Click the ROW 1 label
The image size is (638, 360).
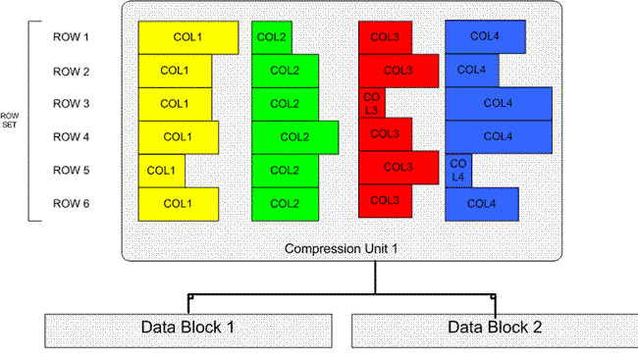(71, 37)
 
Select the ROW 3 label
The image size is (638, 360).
(71, 104)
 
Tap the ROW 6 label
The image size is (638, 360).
(71, 204)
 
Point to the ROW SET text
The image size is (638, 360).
(12, 121)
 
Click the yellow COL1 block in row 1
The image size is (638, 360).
(187, 37)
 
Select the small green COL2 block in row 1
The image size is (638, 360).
(271, 37)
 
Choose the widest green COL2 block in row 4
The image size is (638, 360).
(294, 137)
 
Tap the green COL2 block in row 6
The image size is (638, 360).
(285, 204)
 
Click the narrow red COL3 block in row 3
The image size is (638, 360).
(371, 104)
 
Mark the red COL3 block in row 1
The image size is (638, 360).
(385, 37)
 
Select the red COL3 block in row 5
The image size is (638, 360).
(398, 168)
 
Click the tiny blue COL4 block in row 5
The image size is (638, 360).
(458, 171)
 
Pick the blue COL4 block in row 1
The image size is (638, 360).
(484, 37)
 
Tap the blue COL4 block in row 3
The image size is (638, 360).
(498, 103)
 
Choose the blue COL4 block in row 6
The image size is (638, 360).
(481, 204)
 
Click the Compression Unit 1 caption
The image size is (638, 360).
(340, 247)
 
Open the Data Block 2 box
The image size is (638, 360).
(493, 328)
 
